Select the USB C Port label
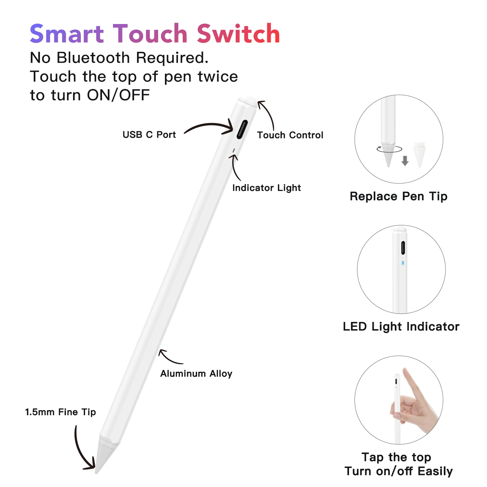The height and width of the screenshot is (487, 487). pyautogui.click(x=149, y=134)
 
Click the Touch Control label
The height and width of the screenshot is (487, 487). pyautogui.click(x=290, y=135)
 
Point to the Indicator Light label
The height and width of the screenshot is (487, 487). pyautogui.click(x=267, y=188)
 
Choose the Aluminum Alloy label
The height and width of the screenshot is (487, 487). pyautogui.click(x=196, y=374)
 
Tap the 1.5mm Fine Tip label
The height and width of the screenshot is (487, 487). pyautogui.click(x=60, y=412)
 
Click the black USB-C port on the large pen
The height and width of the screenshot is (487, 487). pyautogui.click(x=242, y=129)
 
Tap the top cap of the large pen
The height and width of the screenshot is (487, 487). pyautogui.click(x=246, y=100)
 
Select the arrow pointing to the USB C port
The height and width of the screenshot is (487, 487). pyautogui.click(x=209, y=127)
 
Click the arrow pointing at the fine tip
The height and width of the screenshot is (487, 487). pyautogui.click(x=81, y=451)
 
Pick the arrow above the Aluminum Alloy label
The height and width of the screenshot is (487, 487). pyautogui.click(x=169, y=357)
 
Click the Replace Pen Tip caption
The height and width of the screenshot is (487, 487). pyautogui.click(x=398, y=196)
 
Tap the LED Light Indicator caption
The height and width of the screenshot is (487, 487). pyautogui.click(x=401, y=327)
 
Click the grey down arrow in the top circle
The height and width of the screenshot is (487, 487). pyautogui.click(x=405, y=160)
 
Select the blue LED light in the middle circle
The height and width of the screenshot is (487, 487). pyautogui.click(x=403, y=262)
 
